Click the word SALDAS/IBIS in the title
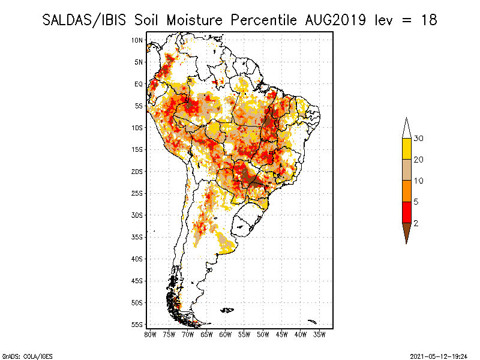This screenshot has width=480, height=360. pos(84,20)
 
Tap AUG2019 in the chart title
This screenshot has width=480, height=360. pos(335,20)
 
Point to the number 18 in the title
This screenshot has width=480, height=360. pos(429,20)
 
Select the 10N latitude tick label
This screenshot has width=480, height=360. pos(137,40)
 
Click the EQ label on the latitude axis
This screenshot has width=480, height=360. pos(139,84)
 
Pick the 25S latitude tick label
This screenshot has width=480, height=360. pos(137,193)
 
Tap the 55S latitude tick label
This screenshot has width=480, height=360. pos(137,325)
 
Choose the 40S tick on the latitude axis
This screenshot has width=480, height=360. pos(137,259)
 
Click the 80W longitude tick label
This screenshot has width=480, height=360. pos(150,335)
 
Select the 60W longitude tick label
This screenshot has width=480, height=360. pos(226,335)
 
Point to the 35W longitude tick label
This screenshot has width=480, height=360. pos(319,335)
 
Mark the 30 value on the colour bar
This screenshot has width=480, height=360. pos(418,139)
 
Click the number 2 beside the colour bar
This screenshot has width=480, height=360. pos(416,223)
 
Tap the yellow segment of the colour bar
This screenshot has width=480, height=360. pos(407,149)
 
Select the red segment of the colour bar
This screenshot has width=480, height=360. pos(407,212)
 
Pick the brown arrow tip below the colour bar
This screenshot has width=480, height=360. pos(407,244)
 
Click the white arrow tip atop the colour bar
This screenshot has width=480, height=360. pos(407,118)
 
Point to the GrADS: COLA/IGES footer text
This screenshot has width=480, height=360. pos(27,356)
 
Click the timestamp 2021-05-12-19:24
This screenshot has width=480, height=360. pos(439,356)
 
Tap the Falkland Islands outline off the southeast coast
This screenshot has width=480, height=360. pos(227,310)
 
